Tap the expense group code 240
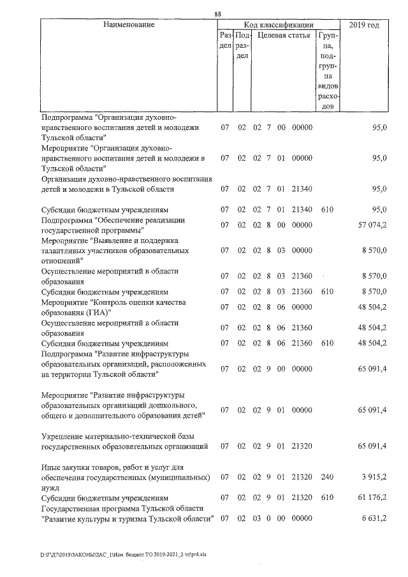point(327,477)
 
